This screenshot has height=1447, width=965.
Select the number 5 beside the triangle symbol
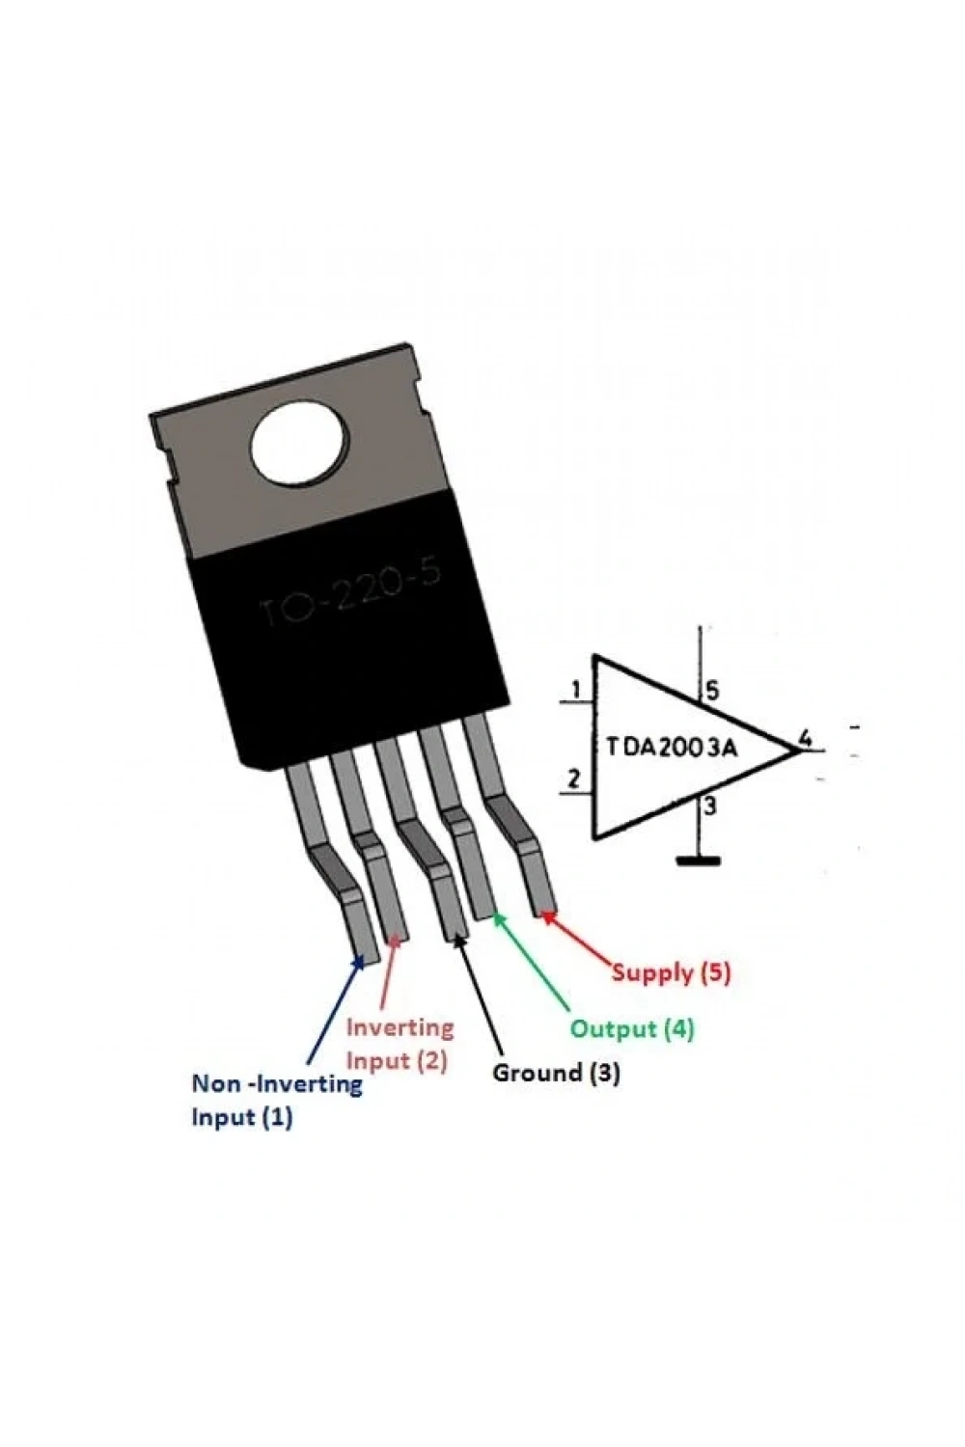click(711, 692)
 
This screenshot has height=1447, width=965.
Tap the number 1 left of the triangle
click(576, 692)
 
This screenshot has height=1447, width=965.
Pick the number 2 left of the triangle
click(573, 780)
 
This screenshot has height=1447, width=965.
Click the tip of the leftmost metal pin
click(369, 961)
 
